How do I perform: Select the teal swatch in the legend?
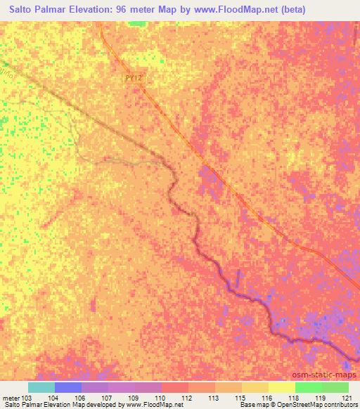click(x=41, y=387)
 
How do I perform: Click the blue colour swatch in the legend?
click(x=67, y=387)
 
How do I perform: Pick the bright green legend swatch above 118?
click(x=307, y=387)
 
